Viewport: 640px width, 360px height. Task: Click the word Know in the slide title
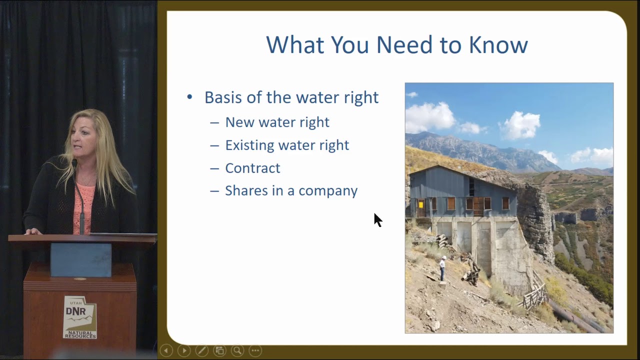pyautogui.click(x=498, y=45)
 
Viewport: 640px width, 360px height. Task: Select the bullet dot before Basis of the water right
pyautogui.click(x=189, y=97)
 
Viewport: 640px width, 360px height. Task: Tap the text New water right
pyautogui.click(x=277, y=122)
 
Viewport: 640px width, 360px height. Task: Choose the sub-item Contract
pyautogui.click(x=252, y=168)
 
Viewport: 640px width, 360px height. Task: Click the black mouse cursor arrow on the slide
pyautogui.click(x=377, y=219)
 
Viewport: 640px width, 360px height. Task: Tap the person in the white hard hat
pyautogui.click(x=442, y=268)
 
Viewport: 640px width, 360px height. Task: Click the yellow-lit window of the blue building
pyautogui.click(x=421, y=204)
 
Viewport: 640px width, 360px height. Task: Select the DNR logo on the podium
pyautogui.click(x=79, y=317)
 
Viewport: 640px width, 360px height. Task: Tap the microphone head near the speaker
pyautogui.click(x=74, y=163)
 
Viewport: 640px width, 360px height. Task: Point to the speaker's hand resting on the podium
pyautogui.click(x=33, y=231)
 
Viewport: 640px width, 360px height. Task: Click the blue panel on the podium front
pyautogui.click(x=80, y=259)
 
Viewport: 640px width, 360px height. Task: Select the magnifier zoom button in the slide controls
pyautogui.click(x=237, y=350)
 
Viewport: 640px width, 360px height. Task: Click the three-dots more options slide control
pyautogui.click(x=255, y=350)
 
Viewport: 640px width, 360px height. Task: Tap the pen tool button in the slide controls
pyautogui.click(x=201, y=350)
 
